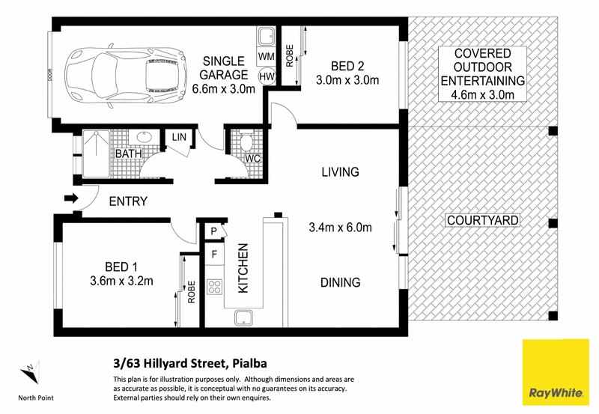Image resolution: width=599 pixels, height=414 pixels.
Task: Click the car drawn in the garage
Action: coord(126,76)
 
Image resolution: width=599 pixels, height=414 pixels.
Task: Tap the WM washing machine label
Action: coord(267,57)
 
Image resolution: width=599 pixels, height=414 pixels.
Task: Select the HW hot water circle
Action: coord(267,76)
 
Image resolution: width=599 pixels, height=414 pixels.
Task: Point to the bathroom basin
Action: coord(144,137)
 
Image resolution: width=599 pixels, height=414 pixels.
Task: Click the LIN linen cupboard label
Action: coord(179,137)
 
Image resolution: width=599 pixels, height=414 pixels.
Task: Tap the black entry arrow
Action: coord(71,198)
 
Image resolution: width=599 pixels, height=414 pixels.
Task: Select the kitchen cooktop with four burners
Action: coord(214,287)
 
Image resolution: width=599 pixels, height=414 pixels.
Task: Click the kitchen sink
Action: coord(243,318)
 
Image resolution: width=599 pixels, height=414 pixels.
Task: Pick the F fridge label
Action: coord(214,254)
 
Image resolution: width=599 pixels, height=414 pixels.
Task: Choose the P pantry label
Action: coord(213,231)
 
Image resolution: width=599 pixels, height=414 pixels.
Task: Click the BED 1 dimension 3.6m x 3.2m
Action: coord(121,281)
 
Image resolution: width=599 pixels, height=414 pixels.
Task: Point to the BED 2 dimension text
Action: coord(347,80)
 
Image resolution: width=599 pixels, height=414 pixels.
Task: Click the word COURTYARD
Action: coord(482,220)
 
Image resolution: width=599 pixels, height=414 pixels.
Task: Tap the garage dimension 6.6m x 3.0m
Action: coord(223,89)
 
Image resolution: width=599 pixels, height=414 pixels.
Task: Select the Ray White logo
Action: coord(556,372)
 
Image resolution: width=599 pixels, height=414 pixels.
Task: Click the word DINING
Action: coord(341,283)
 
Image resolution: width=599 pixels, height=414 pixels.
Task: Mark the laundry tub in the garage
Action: coord(266,37)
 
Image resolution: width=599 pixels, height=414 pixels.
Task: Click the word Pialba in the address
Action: coord(249,364)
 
